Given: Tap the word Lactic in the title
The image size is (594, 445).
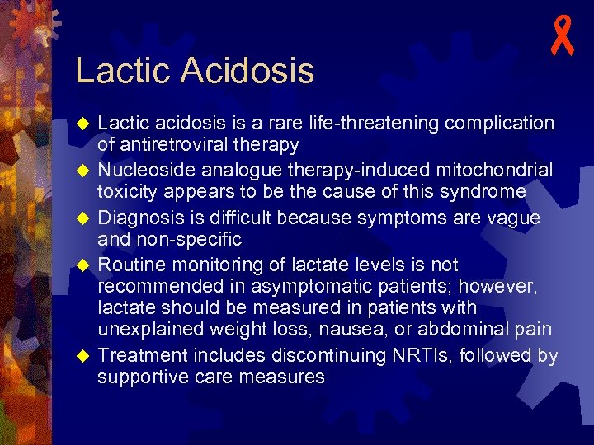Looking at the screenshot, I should (x=123, y=71).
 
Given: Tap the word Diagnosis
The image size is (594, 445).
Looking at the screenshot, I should (x=142, y=218).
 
